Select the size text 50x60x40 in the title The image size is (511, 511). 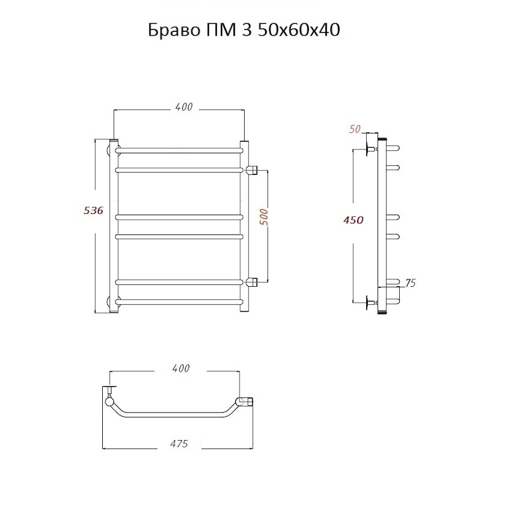[x=299, y=30]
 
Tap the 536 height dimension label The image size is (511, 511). [x=94, y=211]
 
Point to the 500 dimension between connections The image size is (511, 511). [x=264, y=217]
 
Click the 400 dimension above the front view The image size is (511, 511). [x=184, y=107]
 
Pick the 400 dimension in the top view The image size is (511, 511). [x=181, y=368]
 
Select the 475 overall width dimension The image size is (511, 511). [x=179, y=443]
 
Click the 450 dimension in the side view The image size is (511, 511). [x=353, y=220]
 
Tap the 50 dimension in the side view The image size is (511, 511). [x=354, y=129]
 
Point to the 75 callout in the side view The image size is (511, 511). [x=411, y=283]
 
